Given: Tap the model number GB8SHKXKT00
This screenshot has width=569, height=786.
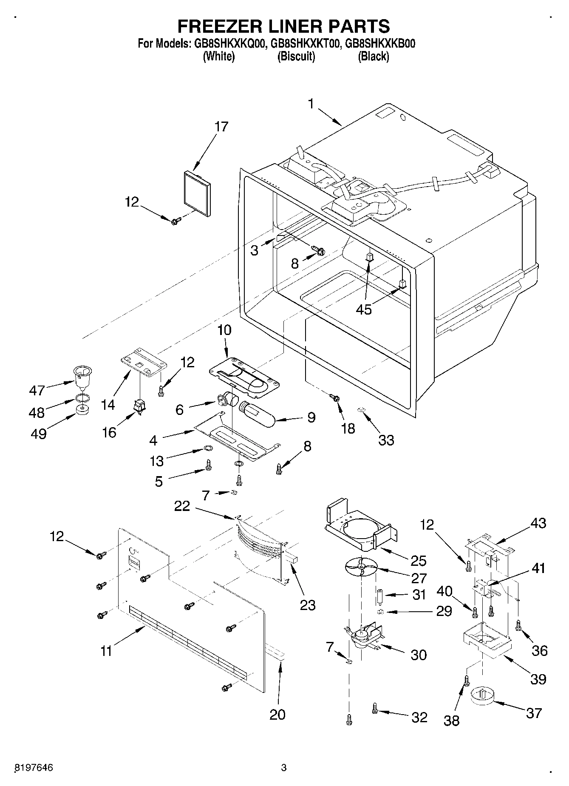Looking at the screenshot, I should pos(305,43).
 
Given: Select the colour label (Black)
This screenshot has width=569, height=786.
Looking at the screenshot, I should pos(373,56).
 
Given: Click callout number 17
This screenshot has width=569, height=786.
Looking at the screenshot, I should pos(221,127).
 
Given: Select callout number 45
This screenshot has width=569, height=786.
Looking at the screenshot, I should pos(364,309).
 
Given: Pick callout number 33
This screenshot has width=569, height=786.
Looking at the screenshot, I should pos(386,440).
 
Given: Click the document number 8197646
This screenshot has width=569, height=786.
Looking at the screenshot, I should pos(34,768).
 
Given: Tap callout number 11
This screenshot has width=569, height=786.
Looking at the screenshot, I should pos(106,651).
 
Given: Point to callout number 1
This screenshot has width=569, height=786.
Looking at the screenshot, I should pos(311,104).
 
